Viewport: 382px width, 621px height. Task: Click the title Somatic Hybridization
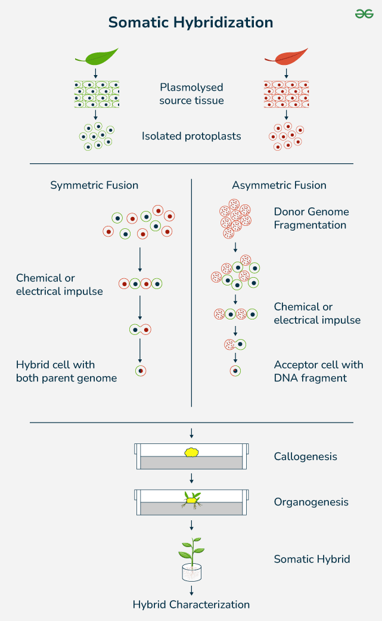(x=191, y=23)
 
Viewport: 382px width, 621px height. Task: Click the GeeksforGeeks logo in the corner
(x=364, y=13)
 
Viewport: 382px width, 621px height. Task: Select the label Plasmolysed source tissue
(x=191, y=94)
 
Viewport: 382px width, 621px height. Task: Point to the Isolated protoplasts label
(x=191, y=136)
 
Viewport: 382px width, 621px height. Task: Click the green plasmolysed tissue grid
(x=97, y=94)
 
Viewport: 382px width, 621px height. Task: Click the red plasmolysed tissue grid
(x=286, y=94)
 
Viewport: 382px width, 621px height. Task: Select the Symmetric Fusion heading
(x=94, y=185)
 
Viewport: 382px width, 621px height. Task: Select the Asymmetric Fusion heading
(x=279, y=185)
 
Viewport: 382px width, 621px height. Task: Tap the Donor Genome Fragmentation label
(x=311, y=218)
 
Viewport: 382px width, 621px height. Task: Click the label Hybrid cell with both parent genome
(x=66, y=371)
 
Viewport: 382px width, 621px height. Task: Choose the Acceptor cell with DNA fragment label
(x=318, y=371)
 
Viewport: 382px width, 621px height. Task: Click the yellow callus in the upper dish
(x=191, y=452)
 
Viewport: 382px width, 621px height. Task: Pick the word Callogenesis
(x=305, y=457)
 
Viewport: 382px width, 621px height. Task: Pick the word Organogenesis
(x=311, y=502)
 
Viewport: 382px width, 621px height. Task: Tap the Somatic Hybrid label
(x=312, y=559)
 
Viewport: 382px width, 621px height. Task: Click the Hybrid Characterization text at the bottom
(x=191, y=604)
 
